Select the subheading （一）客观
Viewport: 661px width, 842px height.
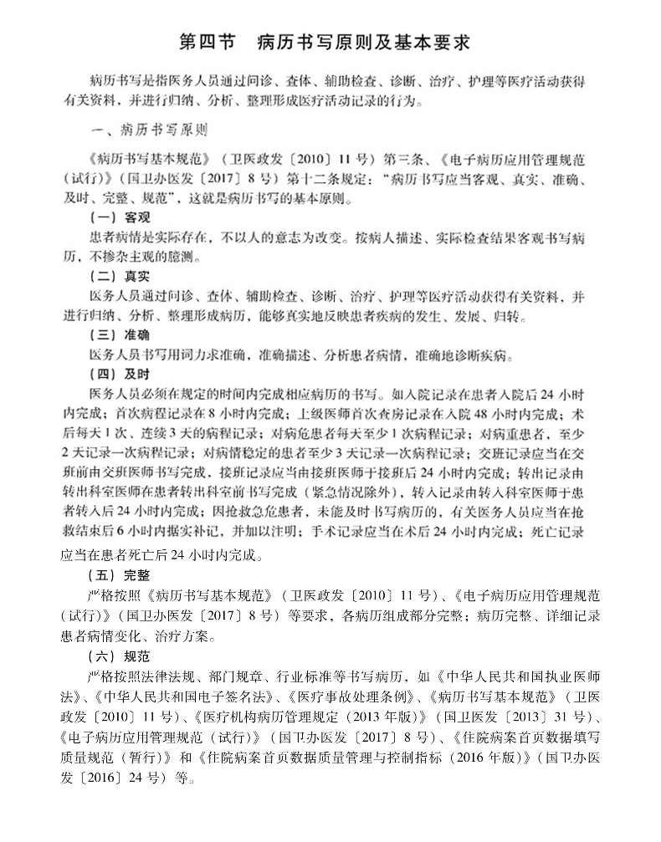pyautogui.click(x=118, y=215)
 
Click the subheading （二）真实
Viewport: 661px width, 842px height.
pyautogui.click(x=118, y=277)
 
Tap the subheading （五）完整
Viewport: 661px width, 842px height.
pyautogui.click(x=118, y=575)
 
